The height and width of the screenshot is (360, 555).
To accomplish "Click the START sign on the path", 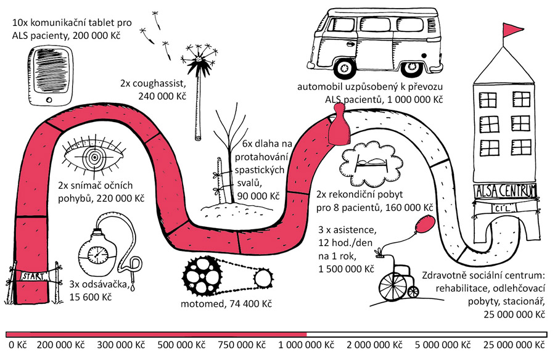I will [32, 276].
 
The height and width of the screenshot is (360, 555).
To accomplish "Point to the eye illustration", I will [94, 158].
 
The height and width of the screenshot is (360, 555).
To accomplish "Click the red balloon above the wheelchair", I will [424, 225].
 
